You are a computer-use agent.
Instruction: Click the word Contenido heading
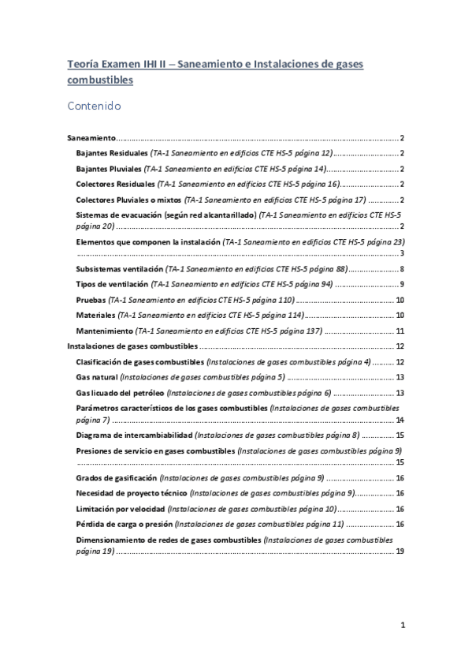pos(94,105)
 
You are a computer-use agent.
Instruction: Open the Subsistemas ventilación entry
pos(125,270)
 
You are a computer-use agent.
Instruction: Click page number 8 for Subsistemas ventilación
pos(402,270)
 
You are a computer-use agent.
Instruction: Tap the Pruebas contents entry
pos(91,301)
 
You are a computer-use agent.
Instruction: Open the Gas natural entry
pos(99,377)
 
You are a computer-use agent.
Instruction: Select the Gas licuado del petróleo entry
pos(120,393)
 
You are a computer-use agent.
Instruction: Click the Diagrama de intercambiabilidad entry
pos(135,435)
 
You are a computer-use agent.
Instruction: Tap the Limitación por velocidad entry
pos(121,509)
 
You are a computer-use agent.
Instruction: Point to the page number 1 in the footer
pos(402,626)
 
